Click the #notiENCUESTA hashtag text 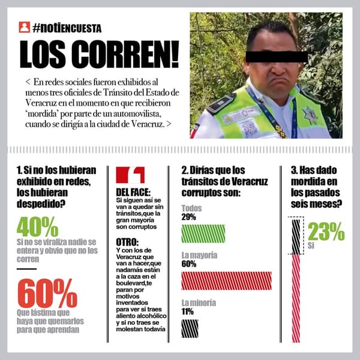click(67, 28)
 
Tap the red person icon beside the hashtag click(25, 28)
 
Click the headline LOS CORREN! click(99, 55)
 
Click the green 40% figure click(37, 226)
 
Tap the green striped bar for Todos click(203, 233)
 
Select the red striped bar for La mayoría click(226, 281)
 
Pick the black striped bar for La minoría click(190, 328)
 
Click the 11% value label click(187, 312)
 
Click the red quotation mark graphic click(130, 175)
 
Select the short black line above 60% click(27, 269)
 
